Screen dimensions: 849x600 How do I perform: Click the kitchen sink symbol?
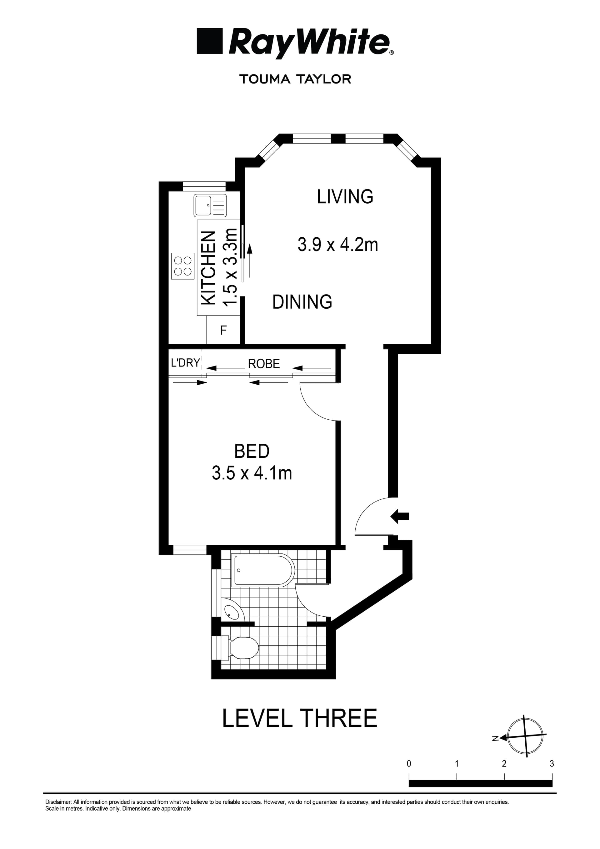210,205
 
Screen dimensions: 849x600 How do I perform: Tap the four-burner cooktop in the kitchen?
183,266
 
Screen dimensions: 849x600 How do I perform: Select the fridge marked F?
223,330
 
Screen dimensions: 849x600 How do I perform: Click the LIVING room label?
345,197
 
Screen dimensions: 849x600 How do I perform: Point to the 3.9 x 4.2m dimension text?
338,245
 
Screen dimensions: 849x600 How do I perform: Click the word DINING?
302,302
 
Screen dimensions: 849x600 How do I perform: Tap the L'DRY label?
185,363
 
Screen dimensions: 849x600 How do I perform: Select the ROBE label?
263,364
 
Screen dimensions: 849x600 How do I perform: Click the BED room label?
252,452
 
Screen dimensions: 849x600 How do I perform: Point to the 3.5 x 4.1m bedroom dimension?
252,473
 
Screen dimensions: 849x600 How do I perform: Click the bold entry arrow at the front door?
400,516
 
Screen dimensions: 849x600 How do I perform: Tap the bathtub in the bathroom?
262,570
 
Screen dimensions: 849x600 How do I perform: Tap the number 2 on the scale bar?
504,764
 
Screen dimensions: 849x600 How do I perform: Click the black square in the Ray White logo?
209,41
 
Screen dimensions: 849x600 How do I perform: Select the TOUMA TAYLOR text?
295,79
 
